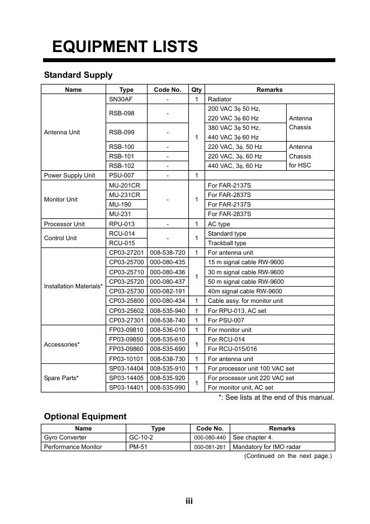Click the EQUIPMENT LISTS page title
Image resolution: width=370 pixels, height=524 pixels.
coord(125,46)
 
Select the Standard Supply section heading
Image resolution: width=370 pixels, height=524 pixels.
coord(78,75)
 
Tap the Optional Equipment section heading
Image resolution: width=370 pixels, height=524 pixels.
coord(86,417)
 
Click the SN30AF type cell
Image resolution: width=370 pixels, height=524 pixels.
coord(121,99)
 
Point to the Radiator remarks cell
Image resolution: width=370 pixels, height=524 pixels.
coord(220,99)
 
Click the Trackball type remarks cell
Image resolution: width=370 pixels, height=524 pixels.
coord(227,244)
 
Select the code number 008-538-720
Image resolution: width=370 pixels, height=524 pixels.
coord(168,253)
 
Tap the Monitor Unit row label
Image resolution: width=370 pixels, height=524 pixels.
coord(60,199)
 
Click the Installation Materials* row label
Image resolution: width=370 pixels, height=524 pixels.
coord(73,287)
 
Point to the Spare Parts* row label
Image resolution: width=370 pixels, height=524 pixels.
coord(61,378)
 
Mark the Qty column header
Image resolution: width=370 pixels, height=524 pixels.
coord(196,90)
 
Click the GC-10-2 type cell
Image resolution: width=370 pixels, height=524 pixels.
coord(137,437)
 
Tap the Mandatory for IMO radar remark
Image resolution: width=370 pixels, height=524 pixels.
coord(264,447)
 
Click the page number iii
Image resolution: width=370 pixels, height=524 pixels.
coord(189,501)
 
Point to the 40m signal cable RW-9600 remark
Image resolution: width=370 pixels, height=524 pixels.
coord(245,291)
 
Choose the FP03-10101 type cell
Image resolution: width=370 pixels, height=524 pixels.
coord(126,359)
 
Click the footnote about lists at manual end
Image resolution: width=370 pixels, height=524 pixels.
coord(276,397)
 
